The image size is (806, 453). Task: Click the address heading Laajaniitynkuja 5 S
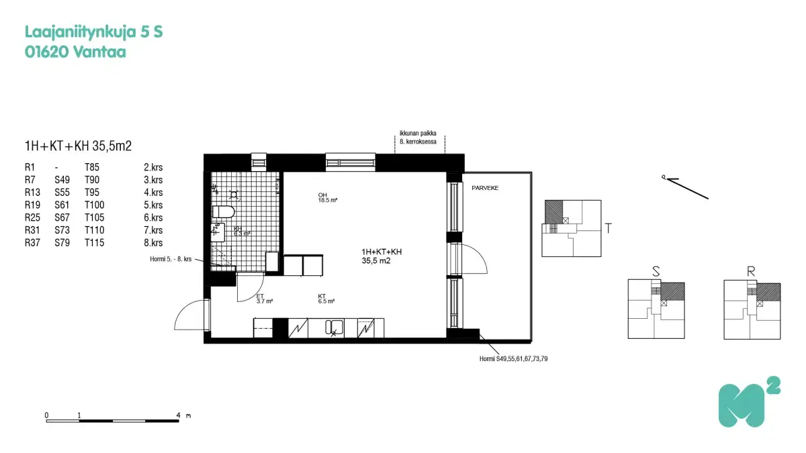[94, 32]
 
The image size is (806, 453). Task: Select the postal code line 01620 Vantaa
[75, 52]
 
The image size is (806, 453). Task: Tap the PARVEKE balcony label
[485, 189]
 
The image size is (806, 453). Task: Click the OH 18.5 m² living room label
[328, 198]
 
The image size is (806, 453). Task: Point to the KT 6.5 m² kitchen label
[326, 299]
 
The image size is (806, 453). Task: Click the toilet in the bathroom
[223, 213]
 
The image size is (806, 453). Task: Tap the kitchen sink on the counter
[334, 328]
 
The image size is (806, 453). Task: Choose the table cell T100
[95, 205]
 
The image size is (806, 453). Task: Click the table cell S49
[62, 180]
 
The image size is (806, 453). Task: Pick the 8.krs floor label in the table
[153, 243]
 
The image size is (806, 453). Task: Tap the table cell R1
[30, 168]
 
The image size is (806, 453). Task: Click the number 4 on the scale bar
[179, 415]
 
